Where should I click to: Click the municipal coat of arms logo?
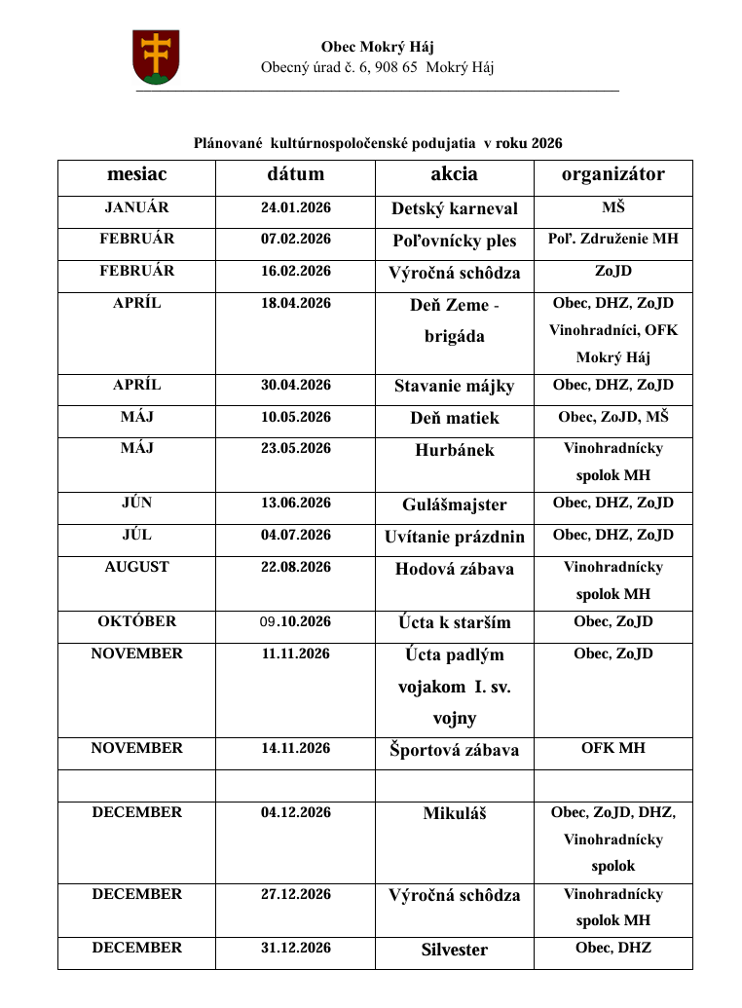point(156,56)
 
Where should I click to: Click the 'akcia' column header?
point(454,174)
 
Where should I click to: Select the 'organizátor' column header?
point(612,174)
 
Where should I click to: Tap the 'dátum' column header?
point(295,174)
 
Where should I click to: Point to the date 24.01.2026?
point(295,207)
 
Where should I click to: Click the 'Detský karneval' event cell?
point(454,208)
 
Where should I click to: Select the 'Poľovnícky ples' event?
point(454,241)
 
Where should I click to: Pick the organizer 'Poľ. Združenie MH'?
point(612,239)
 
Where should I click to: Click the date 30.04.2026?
point(295,386)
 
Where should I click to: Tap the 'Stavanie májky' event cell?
point(454,387)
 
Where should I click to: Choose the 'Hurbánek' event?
point(454,451)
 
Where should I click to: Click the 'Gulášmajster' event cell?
point(454,505)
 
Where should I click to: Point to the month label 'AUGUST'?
point(136,567)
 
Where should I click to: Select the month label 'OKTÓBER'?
point(136,621)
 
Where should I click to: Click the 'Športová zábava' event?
point(454,750)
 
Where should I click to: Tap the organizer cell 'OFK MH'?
point(612,749)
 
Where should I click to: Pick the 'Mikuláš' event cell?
point(454,813)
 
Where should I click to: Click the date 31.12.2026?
point(295,949)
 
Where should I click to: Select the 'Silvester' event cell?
point(454,950)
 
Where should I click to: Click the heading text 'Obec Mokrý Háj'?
point(377,47)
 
